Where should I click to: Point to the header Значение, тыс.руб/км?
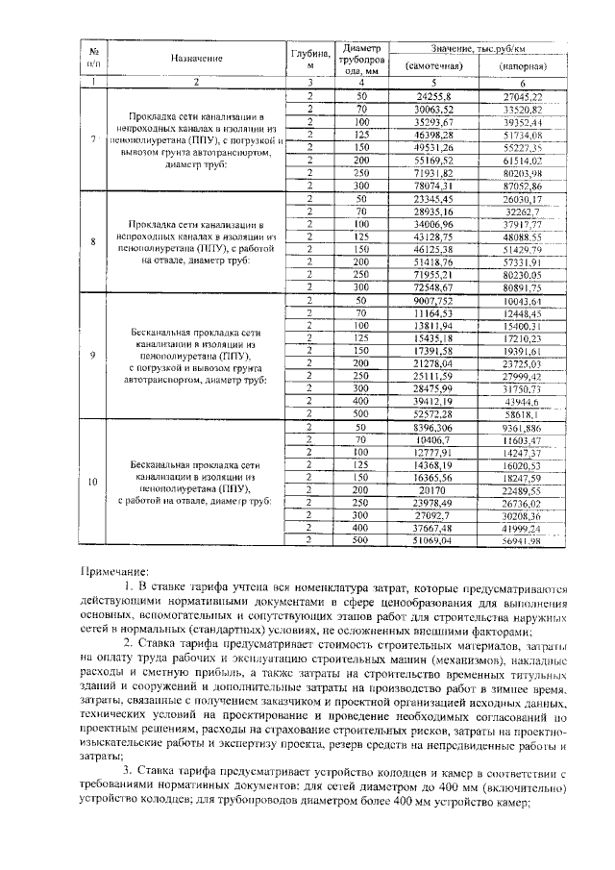pos(479,47)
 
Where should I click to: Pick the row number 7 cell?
pos(93,140)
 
